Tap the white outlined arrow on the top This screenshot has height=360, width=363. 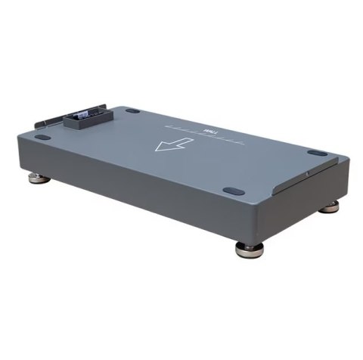168,143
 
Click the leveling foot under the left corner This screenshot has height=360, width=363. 36,179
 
